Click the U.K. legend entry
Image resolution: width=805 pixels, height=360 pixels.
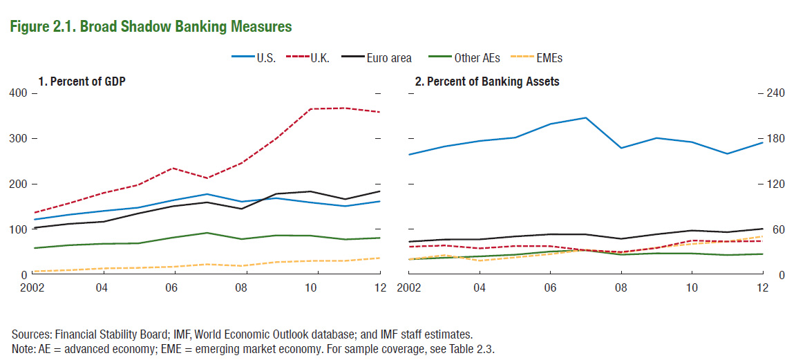319,58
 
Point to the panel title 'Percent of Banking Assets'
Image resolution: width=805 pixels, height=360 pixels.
486,82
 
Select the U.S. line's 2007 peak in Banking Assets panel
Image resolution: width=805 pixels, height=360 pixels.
585,117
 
